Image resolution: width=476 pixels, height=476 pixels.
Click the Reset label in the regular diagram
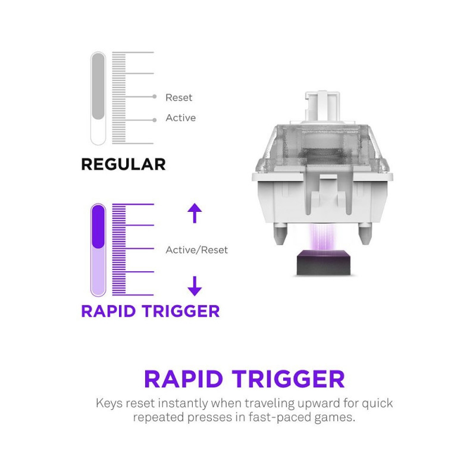pyautogui.click(x=179, y=98)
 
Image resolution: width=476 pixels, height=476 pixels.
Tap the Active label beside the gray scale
pyautogui.click(x=181, y=118)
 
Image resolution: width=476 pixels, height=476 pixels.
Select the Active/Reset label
pyautogui.click(x=197, y=250)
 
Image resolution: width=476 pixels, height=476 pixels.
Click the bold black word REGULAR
pyautogui.click(x=124, y=164)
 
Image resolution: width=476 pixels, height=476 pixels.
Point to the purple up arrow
pyautogui.click(x=195, y=213)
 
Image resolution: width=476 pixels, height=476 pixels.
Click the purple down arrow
pyautogui.click(x=195, y=286)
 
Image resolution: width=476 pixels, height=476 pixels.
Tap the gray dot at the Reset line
pyautogui.click(x=155, y=96)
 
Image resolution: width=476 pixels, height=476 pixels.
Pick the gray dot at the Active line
pyautogui.click(x=155, y=120)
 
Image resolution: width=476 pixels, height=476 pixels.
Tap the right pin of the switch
pyautogui.click(x=364, y=233)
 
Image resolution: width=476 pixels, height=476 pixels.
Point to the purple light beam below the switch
pyautogui.click(x=322, y=237)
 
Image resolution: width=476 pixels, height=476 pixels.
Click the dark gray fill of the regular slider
pyautogui.click(x=98, y=86)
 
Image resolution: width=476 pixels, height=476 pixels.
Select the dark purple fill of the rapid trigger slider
pyautogui.click(x=98, y=227)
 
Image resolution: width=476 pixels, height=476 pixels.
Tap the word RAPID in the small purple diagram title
pyautogui.click(x=108, y=311)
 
